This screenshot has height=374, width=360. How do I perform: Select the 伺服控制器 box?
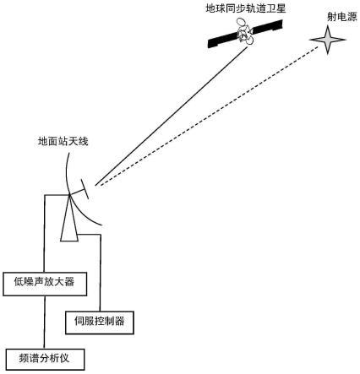pyautogui.click(x=100, y=321)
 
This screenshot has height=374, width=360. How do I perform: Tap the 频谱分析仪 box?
pyautogui.click(x=44, y=357)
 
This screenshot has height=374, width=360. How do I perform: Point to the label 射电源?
pyautogui.click(x=339, y=16)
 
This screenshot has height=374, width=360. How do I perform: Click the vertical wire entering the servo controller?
pyautogui.click(x=101, y=270)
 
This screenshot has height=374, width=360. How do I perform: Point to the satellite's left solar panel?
pyautogui.click(x=226, y=40)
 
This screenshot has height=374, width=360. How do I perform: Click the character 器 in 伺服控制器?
pyautogui.click(x=125, y=322)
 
